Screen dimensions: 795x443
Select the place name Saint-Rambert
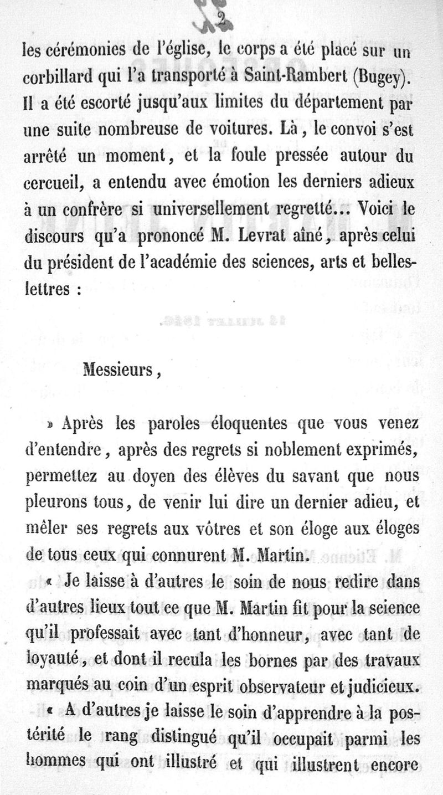[295, 78]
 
